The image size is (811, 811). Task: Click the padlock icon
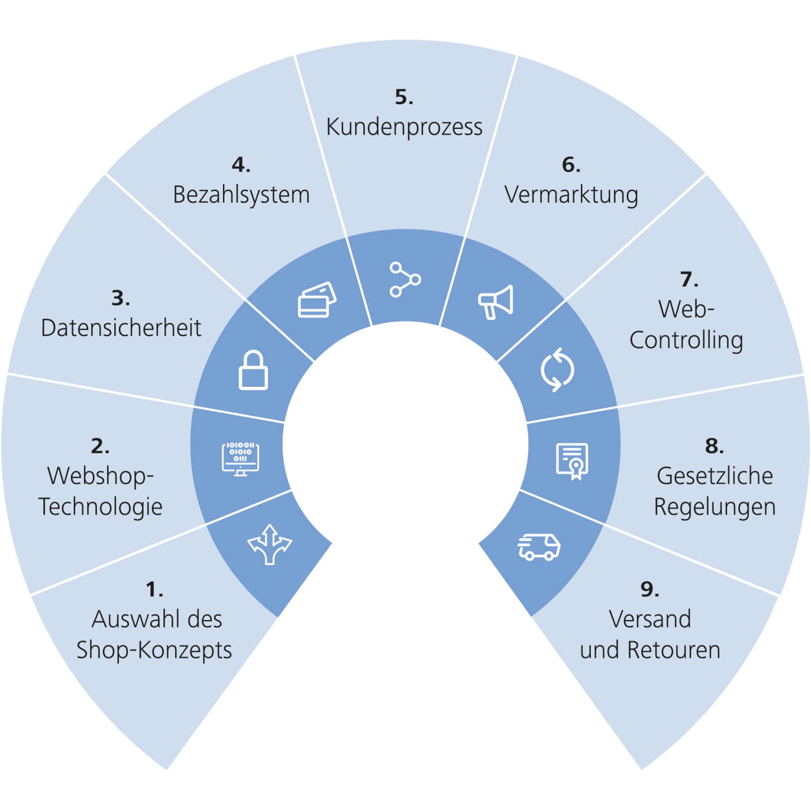pyautogui.click(x=253, y=370)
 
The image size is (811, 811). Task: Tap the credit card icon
pyautogui.click(x=317, y=300)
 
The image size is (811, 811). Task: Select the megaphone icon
pyautogui.click(x=496, y=302)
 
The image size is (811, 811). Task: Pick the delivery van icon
pyautogui.click(x=539, y=547)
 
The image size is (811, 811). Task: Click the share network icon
pyautogui.click(x=405, y=279)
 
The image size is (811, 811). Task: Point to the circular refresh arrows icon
pyautogui.click(x=557, y=370)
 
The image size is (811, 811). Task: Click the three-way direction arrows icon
pyautogui.click(x=270, y=544)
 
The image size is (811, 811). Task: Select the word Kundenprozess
pyautogui.click(x=404, y=127)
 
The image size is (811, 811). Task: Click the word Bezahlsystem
pyautogui.click(x=241, y=195)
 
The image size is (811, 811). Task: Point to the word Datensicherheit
pyautogui.click(x=121, y=328)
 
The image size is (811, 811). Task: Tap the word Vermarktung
pyautogui.click(x=571, y=195)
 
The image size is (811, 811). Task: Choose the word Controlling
pyautogui.click(x=686, y=340)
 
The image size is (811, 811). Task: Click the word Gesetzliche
pyautogui.click(x=715, y=476)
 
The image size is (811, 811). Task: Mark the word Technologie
pyautogui.click(x=100, y=507)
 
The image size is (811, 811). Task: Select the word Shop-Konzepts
pyautogui.click(x=154, y=650)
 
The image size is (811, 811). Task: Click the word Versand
pyautogui.click(x=650, y=620)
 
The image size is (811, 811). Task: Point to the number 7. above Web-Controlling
pyautogui.click(x=689, y=279)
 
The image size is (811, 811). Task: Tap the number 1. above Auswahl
pyautogui.click(x=154, y=590)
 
